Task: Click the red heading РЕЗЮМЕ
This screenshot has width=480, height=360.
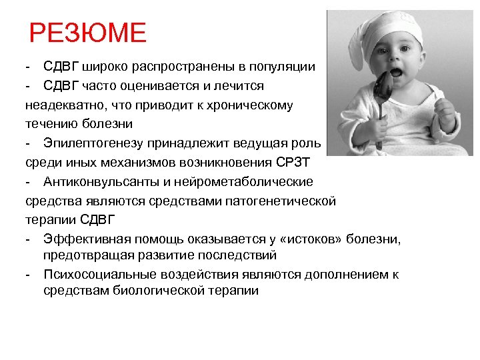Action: (87, 33)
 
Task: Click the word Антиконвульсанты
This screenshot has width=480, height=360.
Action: (96, 181)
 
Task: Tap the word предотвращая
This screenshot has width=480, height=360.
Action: (84, 255)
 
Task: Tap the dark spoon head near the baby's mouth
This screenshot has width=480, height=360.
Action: (385, 85)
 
